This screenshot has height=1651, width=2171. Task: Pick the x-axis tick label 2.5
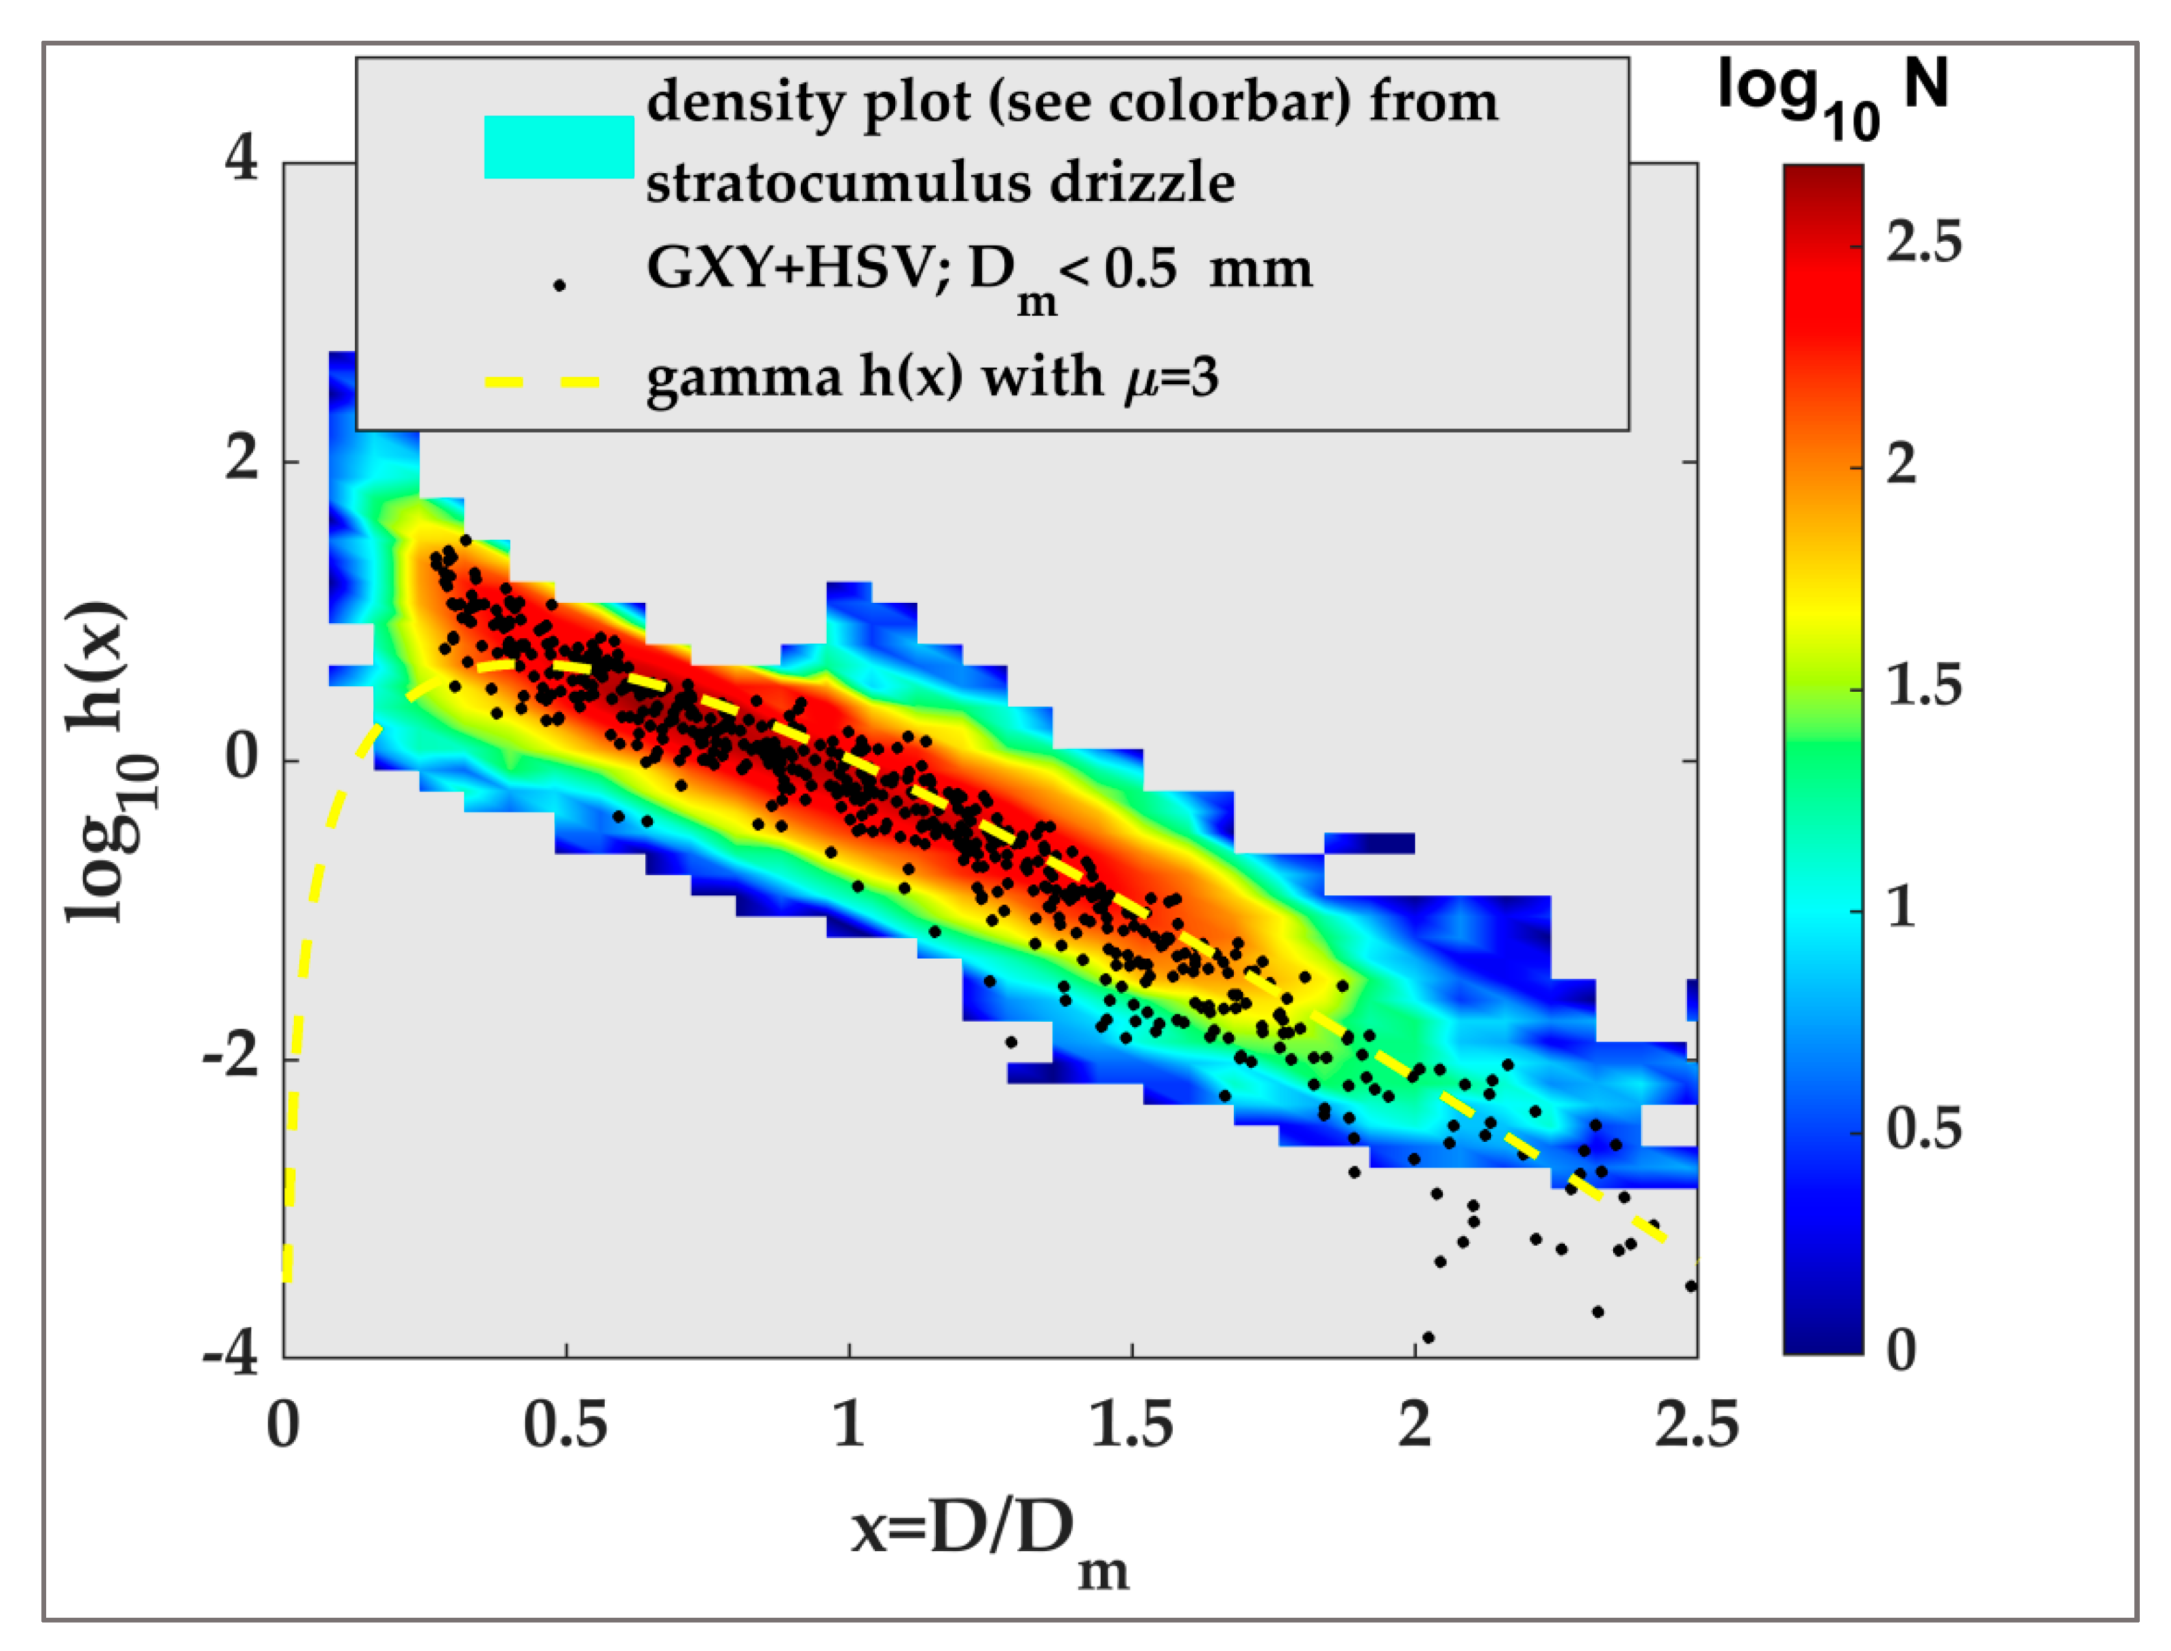[x=1695, y=1425]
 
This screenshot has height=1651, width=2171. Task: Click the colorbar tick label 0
[x=1901, y=1351]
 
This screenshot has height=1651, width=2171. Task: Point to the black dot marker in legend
[x=559, y=286]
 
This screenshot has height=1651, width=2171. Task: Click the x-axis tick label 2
[x=1414, y=1425]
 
